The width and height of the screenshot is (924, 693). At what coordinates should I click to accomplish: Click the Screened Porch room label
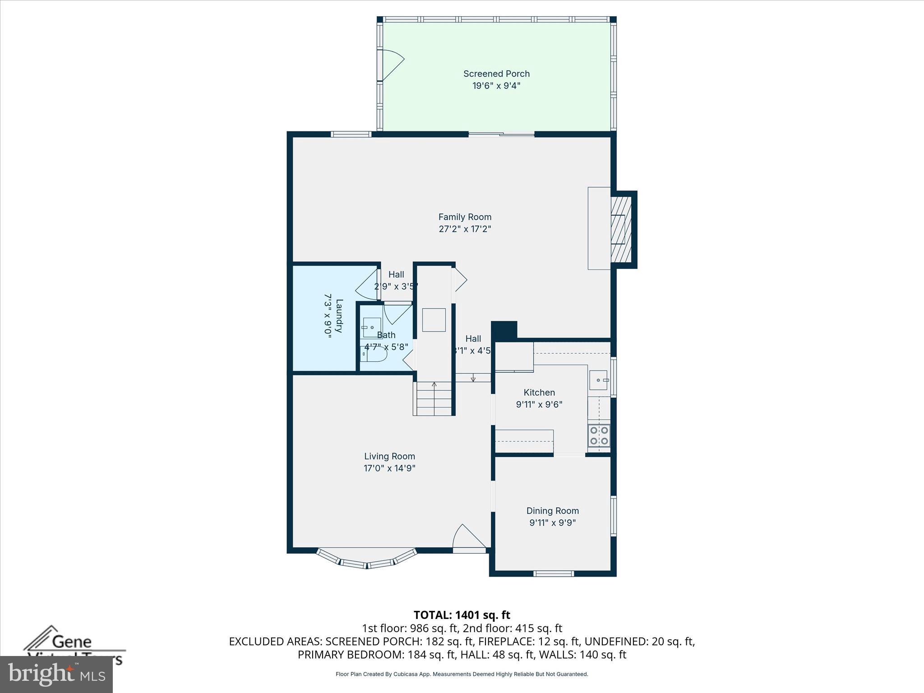tap(496, 74)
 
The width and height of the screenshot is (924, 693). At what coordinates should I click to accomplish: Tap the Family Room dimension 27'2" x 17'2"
tap(465, 229)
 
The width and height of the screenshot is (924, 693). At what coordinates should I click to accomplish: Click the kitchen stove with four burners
tap(599, 436)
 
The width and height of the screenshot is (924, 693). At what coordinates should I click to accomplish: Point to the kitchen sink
tap(598, 380)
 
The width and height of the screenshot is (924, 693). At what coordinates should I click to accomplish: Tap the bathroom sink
tap(372, 327)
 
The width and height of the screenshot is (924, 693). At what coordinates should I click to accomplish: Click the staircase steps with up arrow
tap(434, 398)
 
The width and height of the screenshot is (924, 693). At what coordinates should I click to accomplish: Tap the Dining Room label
tap(552, 511)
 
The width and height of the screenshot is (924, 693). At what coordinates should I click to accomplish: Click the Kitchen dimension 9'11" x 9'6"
tap(539, 404)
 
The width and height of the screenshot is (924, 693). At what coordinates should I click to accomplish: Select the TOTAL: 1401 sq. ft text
tap(462, 615)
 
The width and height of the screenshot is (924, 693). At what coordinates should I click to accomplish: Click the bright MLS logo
tap(56, 674)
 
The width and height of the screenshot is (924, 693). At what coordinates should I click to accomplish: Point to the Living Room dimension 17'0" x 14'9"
tap(389, 468)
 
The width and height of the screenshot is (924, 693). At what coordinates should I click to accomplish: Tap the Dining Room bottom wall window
tap(554, 573)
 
